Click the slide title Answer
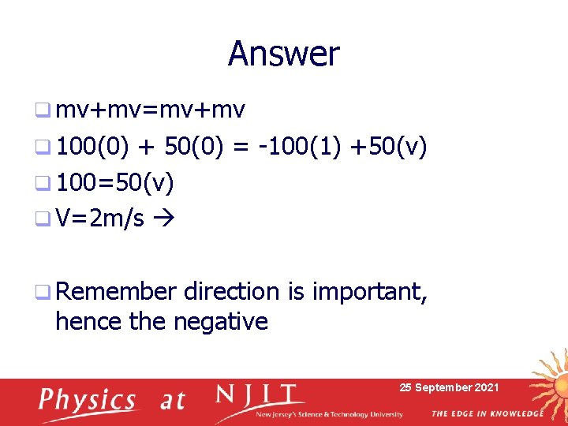point(284,54)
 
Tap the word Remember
point(115,292)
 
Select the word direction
point(232,292)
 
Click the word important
point(370,292)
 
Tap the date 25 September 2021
point(449,387)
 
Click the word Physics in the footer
point(87,400)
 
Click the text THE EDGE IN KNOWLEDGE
point(487,413)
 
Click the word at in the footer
point(172,400)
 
